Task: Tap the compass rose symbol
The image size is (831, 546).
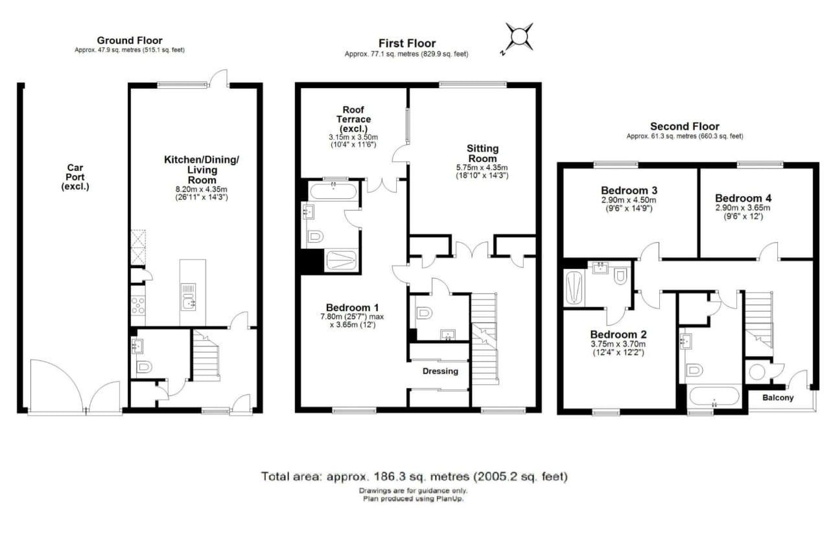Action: (519, 36)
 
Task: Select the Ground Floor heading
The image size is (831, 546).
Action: (130, 40)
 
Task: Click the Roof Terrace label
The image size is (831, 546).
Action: (353, 119)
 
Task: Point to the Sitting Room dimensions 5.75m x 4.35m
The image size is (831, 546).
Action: (482, 172)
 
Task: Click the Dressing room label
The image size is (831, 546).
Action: (440, 371)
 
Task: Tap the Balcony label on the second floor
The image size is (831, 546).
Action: (778, 398)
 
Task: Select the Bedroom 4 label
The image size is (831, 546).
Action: (743, 198)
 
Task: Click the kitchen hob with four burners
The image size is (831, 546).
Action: (138, 305)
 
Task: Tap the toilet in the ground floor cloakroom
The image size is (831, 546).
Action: (143, 367)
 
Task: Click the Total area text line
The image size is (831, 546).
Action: (414, 477)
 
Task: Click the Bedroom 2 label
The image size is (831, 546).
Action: (618, 335)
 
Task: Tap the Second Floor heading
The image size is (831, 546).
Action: (685, 126)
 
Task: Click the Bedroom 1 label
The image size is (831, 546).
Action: (353, 308)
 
